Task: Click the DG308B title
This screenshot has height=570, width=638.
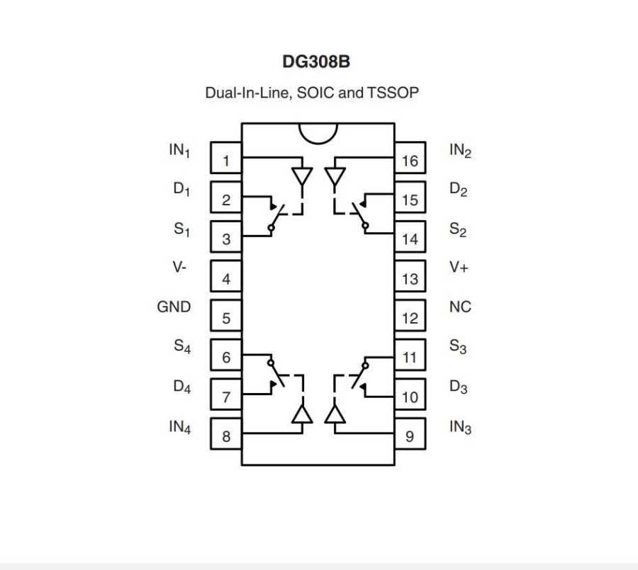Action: tap(316, 62)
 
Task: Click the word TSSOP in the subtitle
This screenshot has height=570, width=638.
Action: tap(392, 93)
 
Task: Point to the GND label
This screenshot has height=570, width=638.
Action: tap(174, 307)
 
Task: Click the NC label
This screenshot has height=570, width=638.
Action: tap(460, 307)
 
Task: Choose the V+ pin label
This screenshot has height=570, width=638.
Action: tap(459, 268)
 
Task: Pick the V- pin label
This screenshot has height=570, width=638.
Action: tap(179, 268)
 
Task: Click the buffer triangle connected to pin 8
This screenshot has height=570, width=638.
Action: tap(303, 414)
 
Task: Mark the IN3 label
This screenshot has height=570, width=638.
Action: tap(460, 428)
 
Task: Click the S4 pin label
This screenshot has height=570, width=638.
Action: tap(182, 347)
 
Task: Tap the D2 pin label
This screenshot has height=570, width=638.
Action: tap(459, 190)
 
